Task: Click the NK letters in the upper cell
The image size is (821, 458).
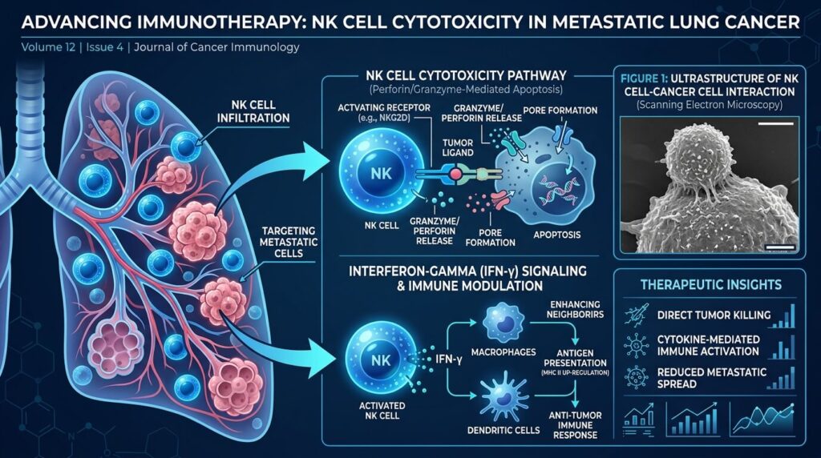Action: pyautogui.click(x=381, y=172)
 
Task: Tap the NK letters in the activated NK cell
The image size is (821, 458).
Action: pyautogui.click(x=381, y=360)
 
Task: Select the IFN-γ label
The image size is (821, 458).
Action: pyautogui.click(x=449, y=360)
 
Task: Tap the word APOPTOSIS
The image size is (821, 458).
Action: pyautogui.click(x=556, y=235)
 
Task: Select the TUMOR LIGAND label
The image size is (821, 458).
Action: pyautogui.click(x=458, y=147)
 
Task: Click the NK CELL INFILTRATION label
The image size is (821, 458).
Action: pyautogui.click(x=253, y=111)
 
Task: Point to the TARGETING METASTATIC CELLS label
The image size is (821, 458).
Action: pyautogui.click(x=289, y=242)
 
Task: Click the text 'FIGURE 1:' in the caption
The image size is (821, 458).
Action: pyautogui.click(x=644, y=78)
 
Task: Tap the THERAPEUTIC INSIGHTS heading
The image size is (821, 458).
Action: pyautogui.click(x=710, y=284)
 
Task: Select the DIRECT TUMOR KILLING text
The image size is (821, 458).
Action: pyautogui.click(x=714, y=315)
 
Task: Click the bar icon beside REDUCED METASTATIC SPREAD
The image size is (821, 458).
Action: pyautogui.click(x=782, y=378)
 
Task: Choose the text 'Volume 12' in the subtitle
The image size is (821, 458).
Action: pyautogui.click(x=48, y=47)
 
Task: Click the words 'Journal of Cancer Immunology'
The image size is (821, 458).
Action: pyautogui.click(x=216, y=47)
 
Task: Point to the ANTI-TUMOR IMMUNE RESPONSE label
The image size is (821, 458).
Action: pyautogui.click(x=575, y=425)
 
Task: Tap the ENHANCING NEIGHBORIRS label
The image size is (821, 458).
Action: pyautogui.click(x=575, y=309)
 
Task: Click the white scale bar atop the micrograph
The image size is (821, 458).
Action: pyautogui.click(x=775, y=123)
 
